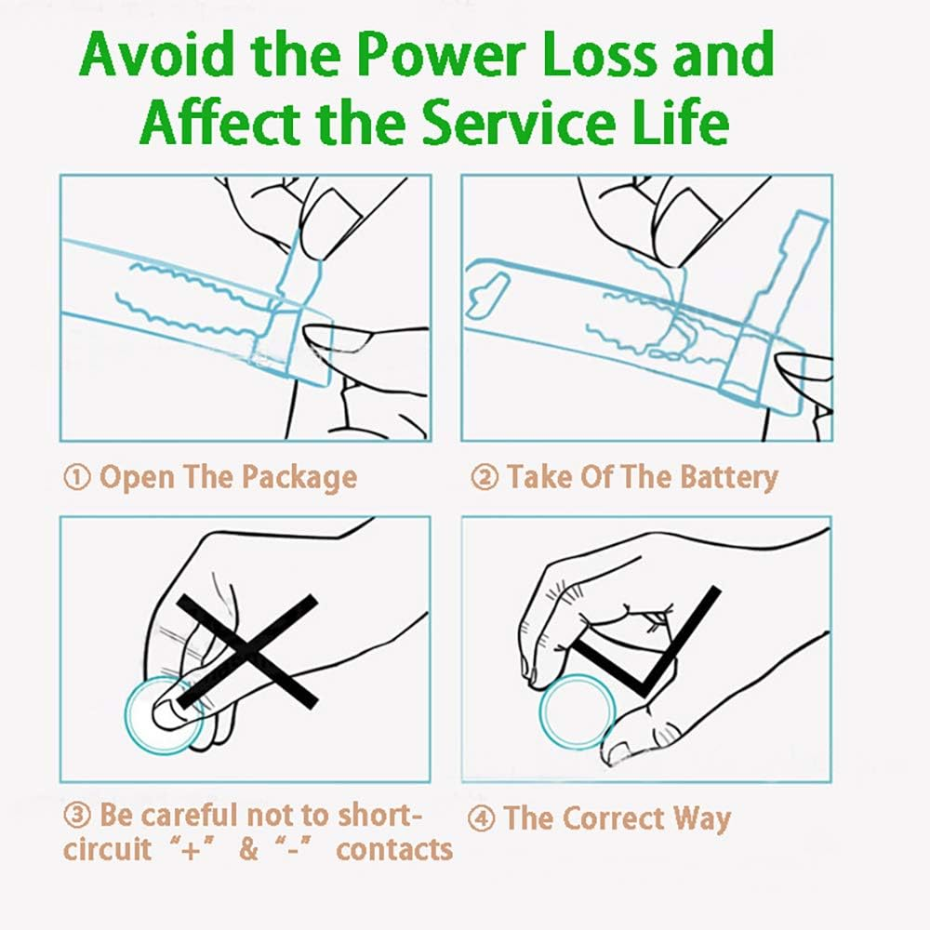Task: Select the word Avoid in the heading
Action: tap(156, 55)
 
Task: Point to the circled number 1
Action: tap(76, 477)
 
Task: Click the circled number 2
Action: tap(485, 477)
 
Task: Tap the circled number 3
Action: tap(76, 816)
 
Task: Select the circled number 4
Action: tap(481, 818)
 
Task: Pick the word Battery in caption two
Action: tap(728, 478)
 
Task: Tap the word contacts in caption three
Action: tap(394, 849)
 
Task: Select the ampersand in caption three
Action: tap(248, 849)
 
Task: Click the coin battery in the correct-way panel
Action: tap(578, 711)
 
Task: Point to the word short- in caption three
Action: tap(379, 816)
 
